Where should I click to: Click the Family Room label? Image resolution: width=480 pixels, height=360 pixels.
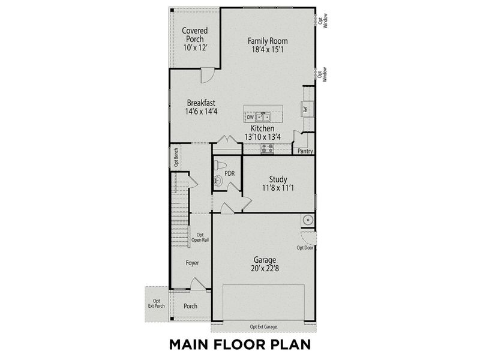click(x=268, y=41)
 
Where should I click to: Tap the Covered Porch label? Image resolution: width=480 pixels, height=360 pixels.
click(x=194, y=31)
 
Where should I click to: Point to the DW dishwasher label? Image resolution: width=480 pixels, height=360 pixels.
click(x=250, y=118)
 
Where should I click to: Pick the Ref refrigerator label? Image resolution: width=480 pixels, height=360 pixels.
click(x=305, y=109)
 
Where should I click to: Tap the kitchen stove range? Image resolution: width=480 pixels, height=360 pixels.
click(x=267, y=147)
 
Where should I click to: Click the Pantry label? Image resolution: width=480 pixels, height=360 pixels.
click(x=305, y=151)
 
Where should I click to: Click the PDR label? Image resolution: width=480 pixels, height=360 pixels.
click(x=229, y=174)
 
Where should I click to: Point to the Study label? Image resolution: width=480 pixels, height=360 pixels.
click(x=278, y=179)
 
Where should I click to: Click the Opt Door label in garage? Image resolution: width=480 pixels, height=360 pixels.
click(x=305, y=247)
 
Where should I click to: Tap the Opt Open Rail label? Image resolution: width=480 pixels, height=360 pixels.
click(x=200, y=238)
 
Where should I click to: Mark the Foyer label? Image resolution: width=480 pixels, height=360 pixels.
click(x=192, y=263)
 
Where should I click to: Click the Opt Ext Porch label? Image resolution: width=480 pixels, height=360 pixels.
click(x=156, y=304)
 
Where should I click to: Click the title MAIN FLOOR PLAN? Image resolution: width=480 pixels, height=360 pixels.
click(x=239, y=345)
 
